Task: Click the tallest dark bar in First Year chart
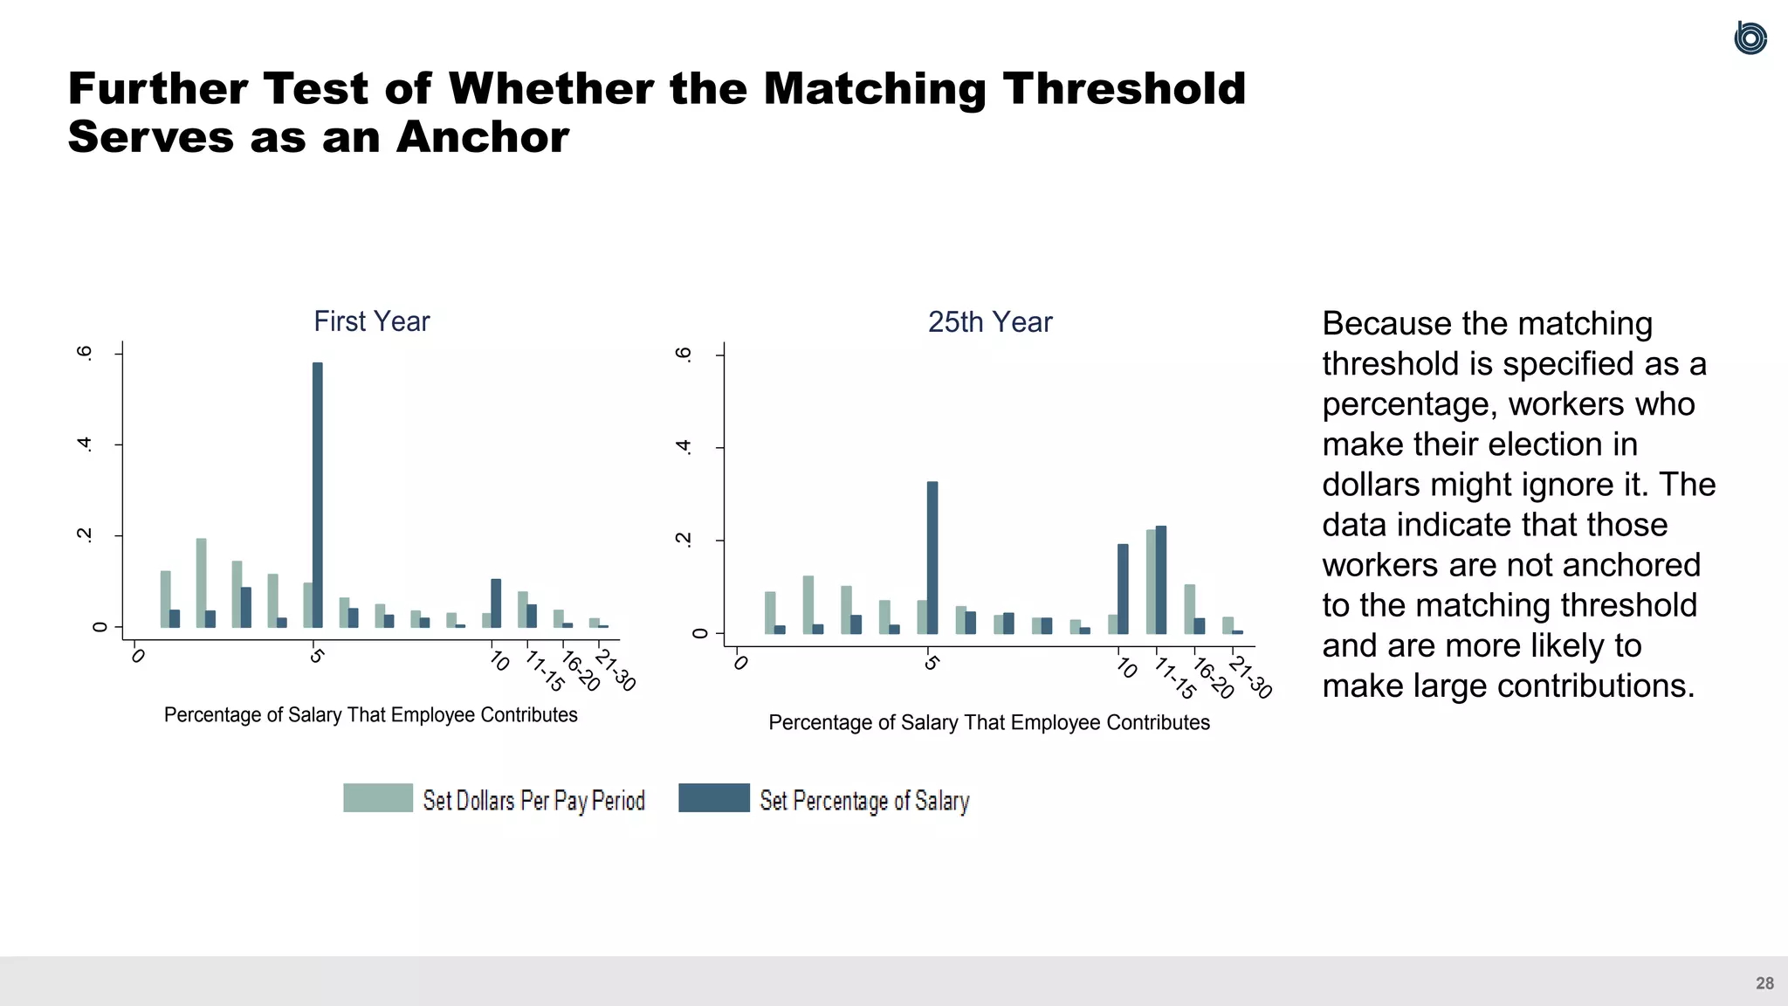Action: [x=318, y=494]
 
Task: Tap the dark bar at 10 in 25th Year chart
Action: [x=1123, y=589]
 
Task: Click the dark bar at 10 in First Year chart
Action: [x=496, y=603]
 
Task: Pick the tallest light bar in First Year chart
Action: [x=202, y=582]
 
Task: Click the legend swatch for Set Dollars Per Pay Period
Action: [x=377, y=798]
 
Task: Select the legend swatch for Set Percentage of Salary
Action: [x=713, y=798]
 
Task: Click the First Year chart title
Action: [x=371, y=321]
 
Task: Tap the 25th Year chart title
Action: [x=989, y=322]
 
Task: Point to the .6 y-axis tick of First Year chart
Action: [x=85, y=353]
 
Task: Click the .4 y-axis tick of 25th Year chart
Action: [x=684, y=447]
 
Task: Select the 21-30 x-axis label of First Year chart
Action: [x=615, y=671]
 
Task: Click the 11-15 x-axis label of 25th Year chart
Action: [x=1174, y=679]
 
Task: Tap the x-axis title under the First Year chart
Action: [x=370, y=715]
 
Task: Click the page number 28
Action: [x=1764, y=983]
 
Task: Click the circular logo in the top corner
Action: [x=1750, y=38]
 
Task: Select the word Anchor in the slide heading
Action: [x=482, y=137]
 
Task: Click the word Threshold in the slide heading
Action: [x=1124, y=89]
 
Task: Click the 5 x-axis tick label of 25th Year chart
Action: [x=931, y=664]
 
